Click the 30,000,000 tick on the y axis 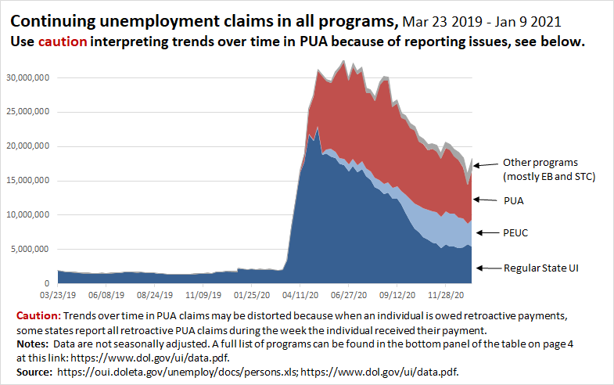pyautogui.click(x=29, y=77)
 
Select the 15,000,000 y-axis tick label pyautogui.click(x=29, y=180)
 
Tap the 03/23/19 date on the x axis pyautogui.click(x=57, y=297)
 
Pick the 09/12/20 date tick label pyautogui.click(x=398, y=297)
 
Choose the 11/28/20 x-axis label pyautogui.click(x=446, y=297)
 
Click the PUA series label pyautogui.click(x=514, y=200)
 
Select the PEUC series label pyautogui.click(x=516, y=233)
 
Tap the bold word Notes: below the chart pyautogui.click(x=31, y=341)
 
